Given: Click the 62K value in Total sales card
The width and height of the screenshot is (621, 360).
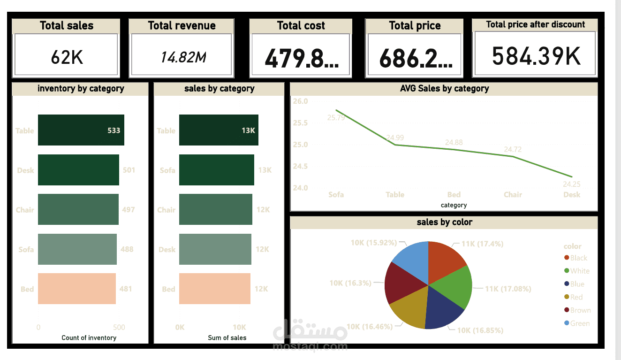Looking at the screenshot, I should pos(67,57).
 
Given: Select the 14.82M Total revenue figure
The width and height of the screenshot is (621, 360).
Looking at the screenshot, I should pos(183,57).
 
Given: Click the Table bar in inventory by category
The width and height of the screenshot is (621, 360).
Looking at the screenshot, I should pos(81,130).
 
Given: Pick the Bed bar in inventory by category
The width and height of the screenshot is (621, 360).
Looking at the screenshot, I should pos(76,289).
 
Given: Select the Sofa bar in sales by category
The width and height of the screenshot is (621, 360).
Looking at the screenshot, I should pos(216,170).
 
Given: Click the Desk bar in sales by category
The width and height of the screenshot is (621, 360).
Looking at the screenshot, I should pos(215,249).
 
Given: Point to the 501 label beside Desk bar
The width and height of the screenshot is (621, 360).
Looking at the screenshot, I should pos(129,170).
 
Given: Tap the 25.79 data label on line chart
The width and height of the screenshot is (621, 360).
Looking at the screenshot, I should pos(336,117).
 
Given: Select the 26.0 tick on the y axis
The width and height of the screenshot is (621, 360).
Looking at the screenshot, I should pos(300,101).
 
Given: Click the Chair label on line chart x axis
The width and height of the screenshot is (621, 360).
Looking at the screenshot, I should pos(513,194).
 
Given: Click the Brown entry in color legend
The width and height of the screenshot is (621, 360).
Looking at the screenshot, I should pos(580,310).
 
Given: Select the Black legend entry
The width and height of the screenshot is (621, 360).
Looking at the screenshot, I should pos(578,258).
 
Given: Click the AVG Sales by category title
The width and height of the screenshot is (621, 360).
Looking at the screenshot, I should pos(444,88).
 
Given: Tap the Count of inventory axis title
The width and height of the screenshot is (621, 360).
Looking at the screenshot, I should pos(89,337).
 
